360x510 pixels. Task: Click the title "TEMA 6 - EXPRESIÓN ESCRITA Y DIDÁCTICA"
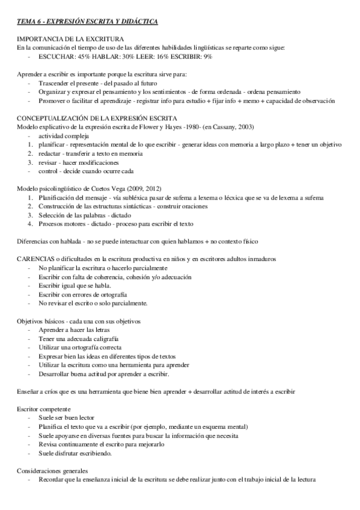pos(88,22)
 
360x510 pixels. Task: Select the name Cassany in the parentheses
pos(230,128)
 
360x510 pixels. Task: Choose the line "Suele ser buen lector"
pos(66,418)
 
